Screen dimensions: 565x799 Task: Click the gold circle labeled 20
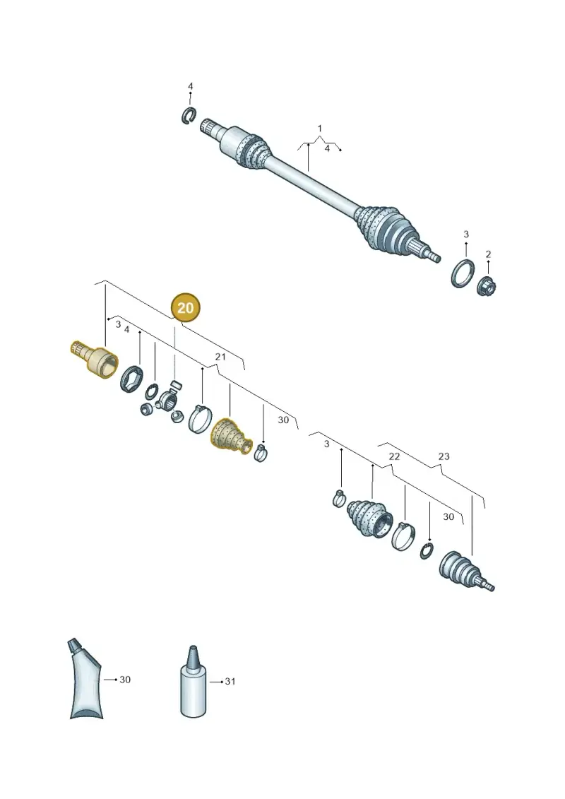tap(186, 307)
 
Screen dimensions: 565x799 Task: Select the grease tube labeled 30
tap(85, 678)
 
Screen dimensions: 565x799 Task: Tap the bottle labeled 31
tap(194, 682)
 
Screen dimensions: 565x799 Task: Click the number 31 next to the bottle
tap(230, 681)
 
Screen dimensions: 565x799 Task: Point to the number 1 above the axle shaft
tap(320, 129)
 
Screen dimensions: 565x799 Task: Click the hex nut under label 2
tap(487, 287)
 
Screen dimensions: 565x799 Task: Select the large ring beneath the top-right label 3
tap(463, 273)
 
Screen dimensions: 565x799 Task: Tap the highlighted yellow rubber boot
tap(232, 436)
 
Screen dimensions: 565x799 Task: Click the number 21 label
tap(220, 357)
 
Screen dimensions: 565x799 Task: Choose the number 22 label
tap(394, 456)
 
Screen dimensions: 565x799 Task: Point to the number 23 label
tap(444, 456)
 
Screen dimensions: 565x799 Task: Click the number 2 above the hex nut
tap(488, 254)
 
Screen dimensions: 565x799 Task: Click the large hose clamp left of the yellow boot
tap(199, 418)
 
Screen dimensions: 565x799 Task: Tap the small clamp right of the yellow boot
tap(261, 452)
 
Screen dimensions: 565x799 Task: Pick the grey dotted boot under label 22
tap(370, 517)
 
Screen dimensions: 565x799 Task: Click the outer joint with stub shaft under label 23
tap(465, 572)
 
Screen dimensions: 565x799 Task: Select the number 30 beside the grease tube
tap(125, 680)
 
